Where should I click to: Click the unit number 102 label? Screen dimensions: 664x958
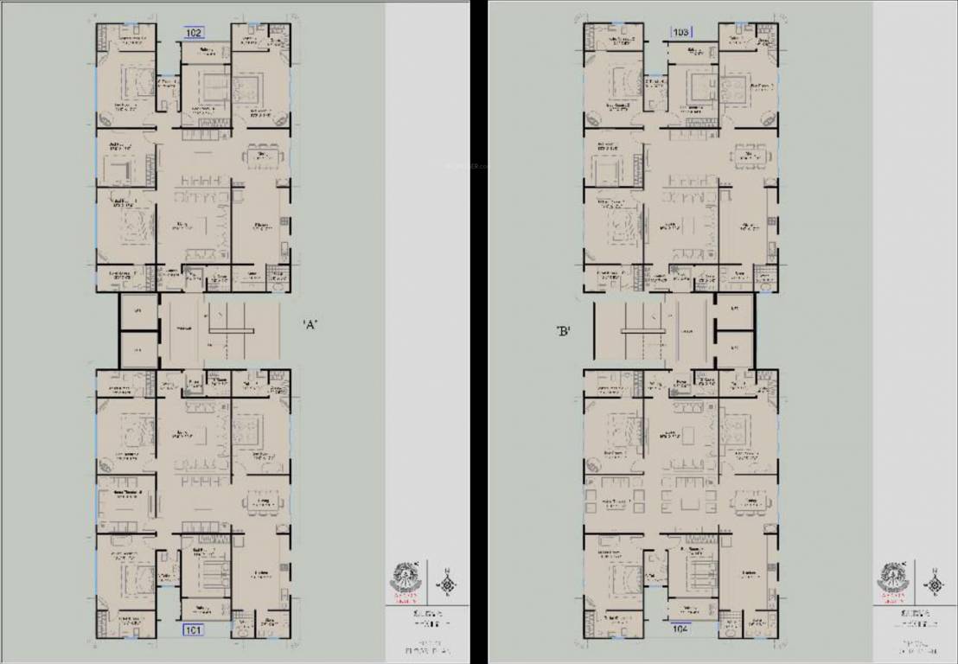[194, 33]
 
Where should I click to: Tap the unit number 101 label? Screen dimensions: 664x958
[193, 630]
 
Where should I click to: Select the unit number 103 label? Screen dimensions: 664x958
[681, 33]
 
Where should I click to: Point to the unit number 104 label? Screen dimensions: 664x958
[681, 630]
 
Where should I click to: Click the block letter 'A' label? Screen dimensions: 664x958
[312, 325]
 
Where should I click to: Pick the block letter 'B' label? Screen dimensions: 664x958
[563, 329]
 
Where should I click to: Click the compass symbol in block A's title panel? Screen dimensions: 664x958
[447, 584]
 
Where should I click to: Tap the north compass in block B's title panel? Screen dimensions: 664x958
[934, 584]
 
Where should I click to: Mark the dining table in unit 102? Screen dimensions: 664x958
[263, 156]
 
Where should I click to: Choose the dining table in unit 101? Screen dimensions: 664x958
[263, 502]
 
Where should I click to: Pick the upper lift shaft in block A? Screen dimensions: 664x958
[137, 312]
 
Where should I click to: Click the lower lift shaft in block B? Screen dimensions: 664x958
[735, 349]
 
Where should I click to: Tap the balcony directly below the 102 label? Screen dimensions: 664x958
[205, 52]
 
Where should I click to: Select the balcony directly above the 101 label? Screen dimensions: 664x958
[205, 610]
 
